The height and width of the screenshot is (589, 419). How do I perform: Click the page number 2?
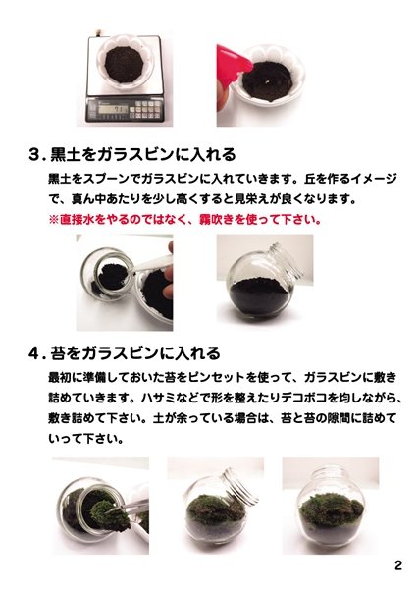pyautogui.click(x=398, y=565)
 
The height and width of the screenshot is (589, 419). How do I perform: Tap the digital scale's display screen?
pyautogui.click(x=113, y=109)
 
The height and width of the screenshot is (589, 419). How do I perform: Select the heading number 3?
pyautogui.click(x=35, y=155)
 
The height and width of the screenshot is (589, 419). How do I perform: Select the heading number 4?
pyautogui.click(x=35, y=353)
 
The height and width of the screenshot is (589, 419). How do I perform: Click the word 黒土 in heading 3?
pyautogui.click(x=63, y=154)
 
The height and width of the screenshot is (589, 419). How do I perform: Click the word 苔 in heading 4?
pyautogui.click(x=56, y=353)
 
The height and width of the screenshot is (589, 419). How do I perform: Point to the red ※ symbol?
pyautogui.click(x=54, y=219)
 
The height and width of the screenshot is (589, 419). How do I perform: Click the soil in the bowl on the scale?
pyautogui.click(x=125, y=65)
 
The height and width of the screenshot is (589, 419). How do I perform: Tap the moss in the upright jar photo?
pyautogui.click(x=330, y=509)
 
